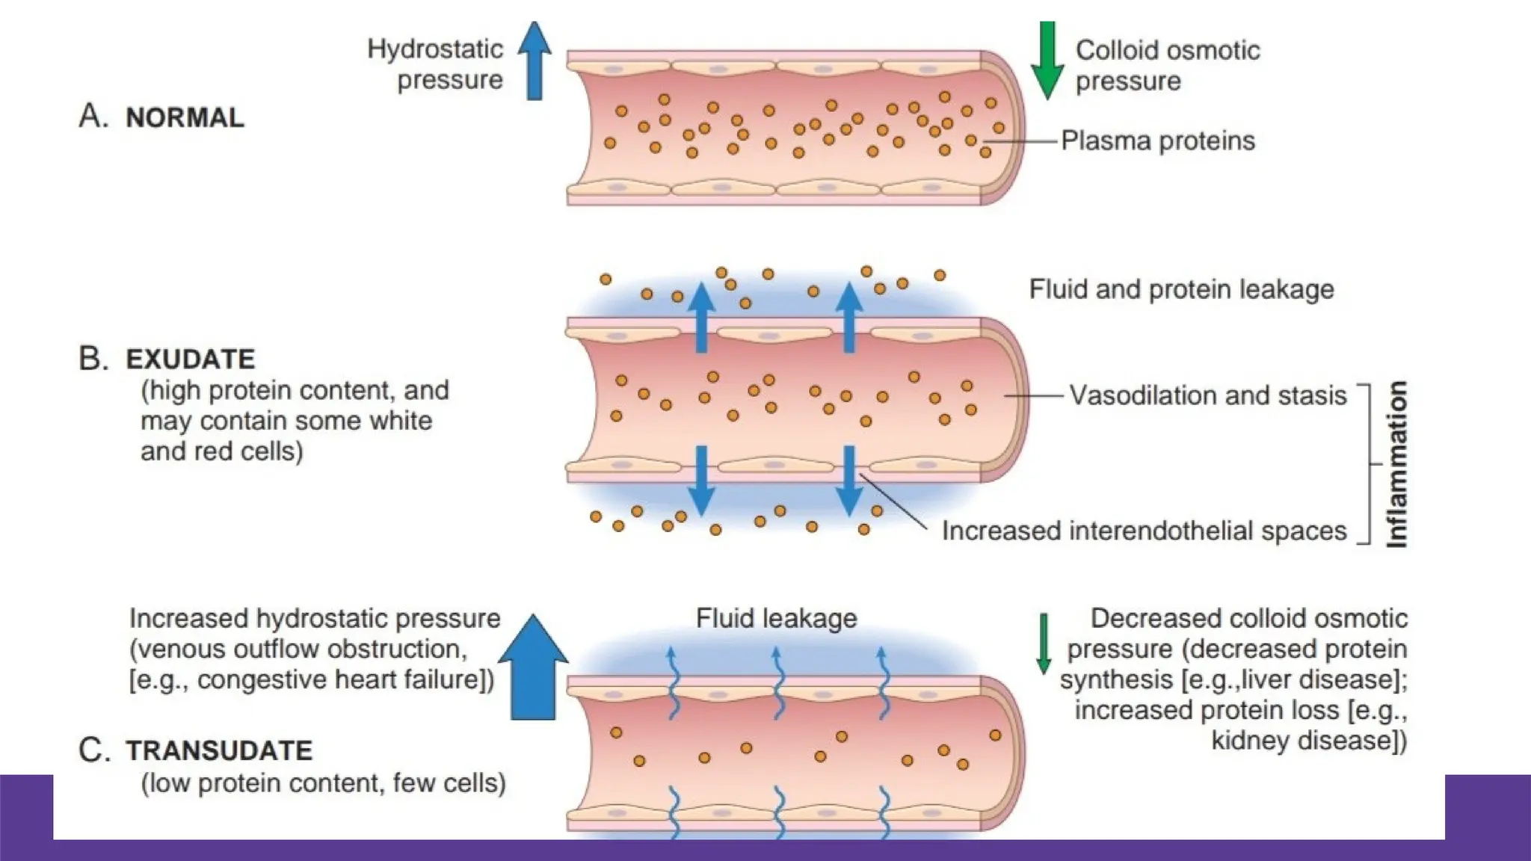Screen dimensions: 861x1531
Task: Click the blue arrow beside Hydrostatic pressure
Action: point(534,61)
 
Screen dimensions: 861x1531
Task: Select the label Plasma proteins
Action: point(1157,141)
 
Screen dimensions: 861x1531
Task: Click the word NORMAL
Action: point(185,118)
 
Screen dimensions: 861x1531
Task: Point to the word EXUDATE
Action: point(191,359)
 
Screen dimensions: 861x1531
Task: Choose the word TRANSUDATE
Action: point(219,750)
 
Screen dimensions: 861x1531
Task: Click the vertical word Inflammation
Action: point(1396,464)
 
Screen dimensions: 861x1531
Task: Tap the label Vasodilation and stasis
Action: point(1207,395)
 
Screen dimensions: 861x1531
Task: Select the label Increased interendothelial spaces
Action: point(1144,531)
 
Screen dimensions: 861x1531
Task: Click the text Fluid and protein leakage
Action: point(1181,289)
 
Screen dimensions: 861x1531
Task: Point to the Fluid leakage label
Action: point(776,618)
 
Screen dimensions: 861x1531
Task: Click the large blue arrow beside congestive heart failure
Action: point(533,669)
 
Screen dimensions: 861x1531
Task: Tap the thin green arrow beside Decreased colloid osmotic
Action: point(1044,644)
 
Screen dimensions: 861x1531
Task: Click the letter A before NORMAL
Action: point(93,117)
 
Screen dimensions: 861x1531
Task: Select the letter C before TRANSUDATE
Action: point(93,750)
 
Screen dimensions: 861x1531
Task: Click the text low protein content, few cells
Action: point(323,783)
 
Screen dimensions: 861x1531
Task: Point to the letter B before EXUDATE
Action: point(93,359)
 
